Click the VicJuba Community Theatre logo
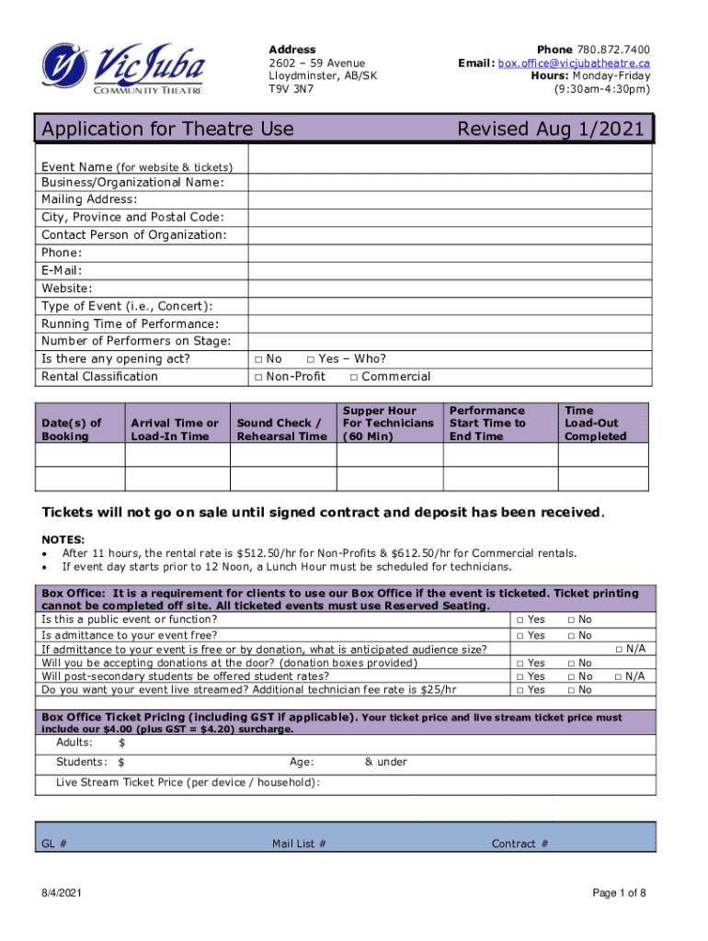pos(122,68)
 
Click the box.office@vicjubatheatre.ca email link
pos(575,62)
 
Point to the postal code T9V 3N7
pos(291,90)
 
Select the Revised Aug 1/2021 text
pos(551,129)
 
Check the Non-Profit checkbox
pos(259,377)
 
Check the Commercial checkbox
pos(355,377)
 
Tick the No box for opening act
pos(259,359)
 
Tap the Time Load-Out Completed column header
pos(595,423)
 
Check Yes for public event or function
pos(520,620)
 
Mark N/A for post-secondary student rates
pos(617,676)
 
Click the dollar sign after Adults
pos(122,743)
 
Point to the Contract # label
pos(520,844)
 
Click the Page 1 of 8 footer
pos(620,893)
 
